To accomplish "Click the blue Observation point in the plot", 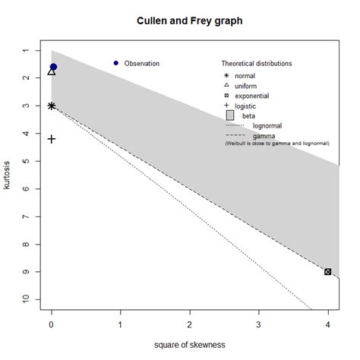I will pos(53,67).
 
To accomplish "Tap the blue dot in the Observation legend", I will pos(115,63).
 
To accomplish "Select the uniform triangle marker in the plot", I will pos(51,71).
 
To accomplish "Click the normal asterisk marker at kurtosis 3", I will pos(51,106).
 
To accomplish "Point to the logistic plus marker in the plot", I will pos(51,139).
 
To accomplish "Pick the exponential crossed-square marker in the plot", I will pos(327,272).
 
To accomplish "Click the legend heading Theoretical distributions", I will pos(257,63).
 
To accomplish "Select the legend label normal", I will pos(245,75).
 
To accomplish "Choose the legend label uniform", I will pos(245,87).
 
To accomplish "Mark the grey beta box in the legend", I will pos(230,115).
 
